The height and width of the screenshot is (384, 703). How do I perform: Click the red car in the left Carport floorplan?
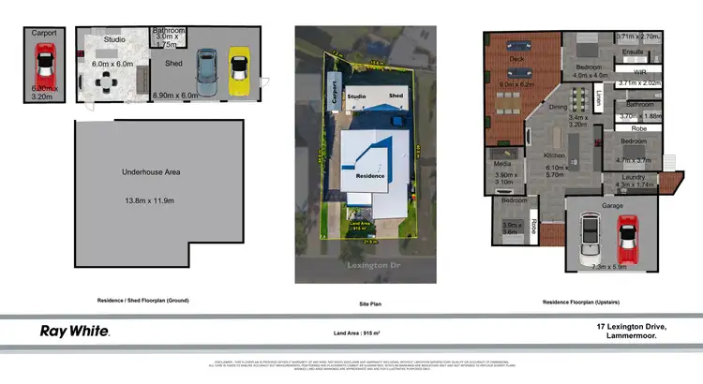pos(44,68)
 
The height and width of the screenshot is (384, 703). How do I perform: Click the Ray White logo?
pos(74,331)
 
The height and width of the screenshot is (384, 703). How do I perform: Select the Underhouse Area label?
pos(151,172)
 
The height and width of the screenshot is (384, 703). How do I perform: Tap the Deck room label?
pos(516,58)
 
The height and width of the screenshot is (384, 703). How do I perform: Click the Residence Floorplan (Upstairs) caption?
pos(584,302)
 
